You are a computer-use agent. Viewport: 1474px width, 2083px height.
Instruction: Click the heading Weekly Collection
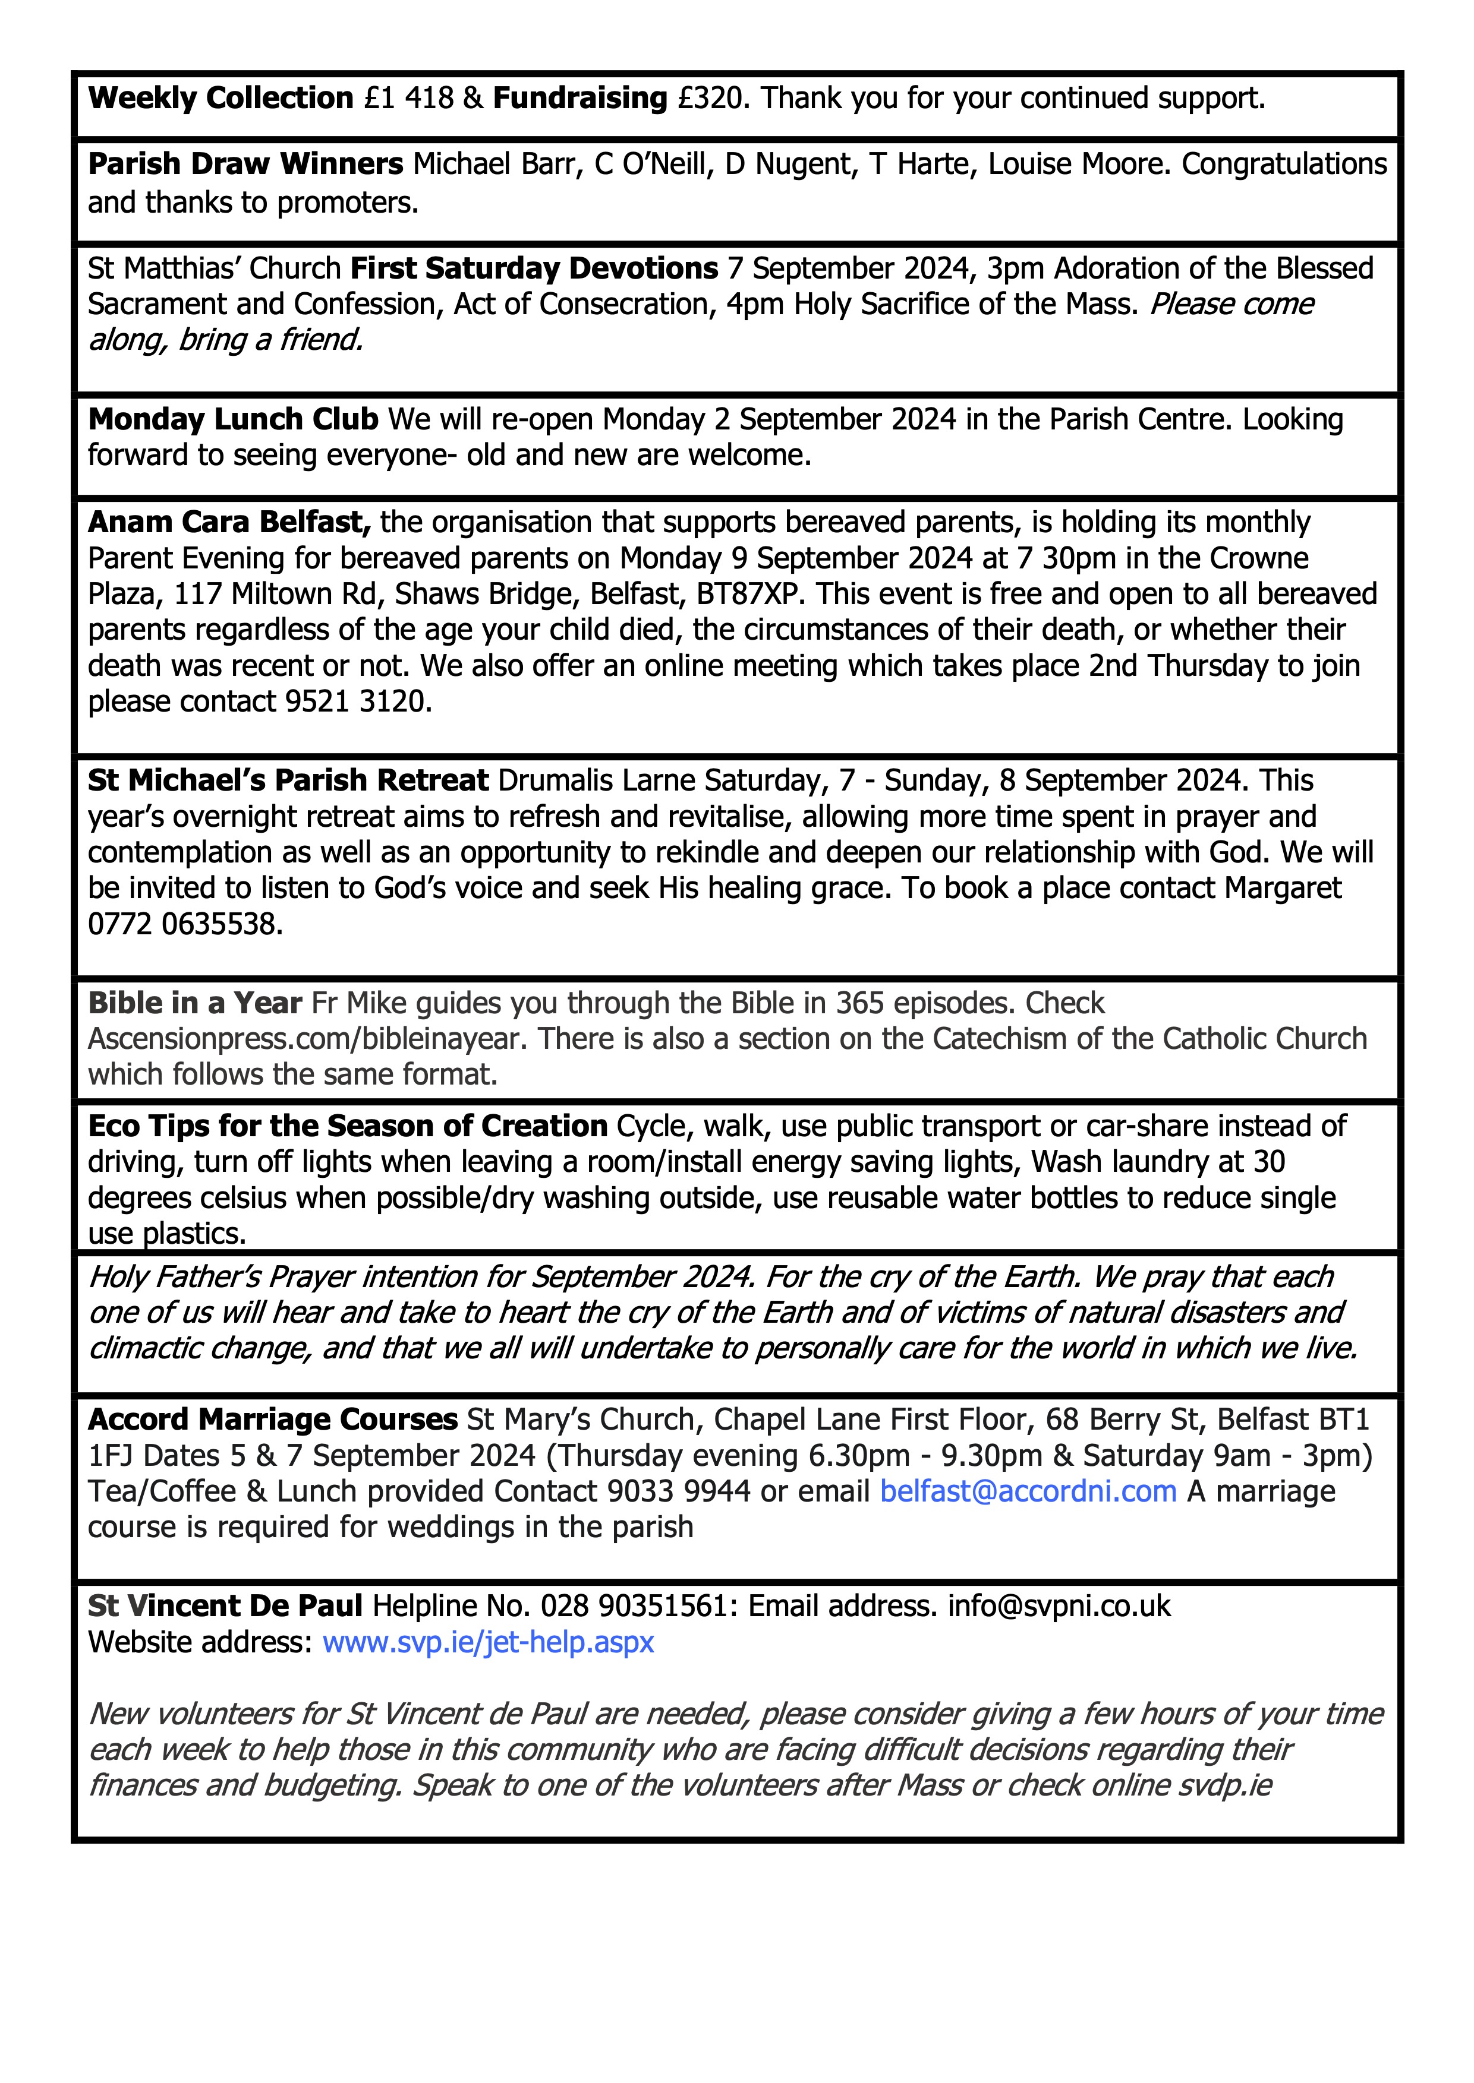(221, 98)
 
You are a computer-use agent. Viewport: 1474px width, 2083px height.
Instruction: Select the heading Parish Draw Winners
(245, 164)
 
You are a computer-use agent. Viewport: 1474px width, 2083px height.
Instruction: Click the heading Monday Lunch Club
(232, 419)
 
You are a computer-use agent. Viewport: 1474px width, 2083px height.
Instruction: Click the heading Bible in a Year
(194, 1003)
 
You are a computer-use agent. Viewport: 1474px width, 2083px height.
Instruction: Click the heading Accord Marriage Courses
(272, 1419)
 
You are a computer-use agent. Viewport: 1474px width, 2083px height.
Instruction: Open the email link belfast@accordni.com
(1028, 1491)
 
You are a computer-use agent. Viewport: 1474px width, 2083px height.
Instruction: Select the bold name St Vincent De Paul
(225, 1606)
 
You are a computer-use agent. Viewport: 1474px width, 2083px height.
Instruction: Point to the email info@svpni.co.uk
(1059, 1606)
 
